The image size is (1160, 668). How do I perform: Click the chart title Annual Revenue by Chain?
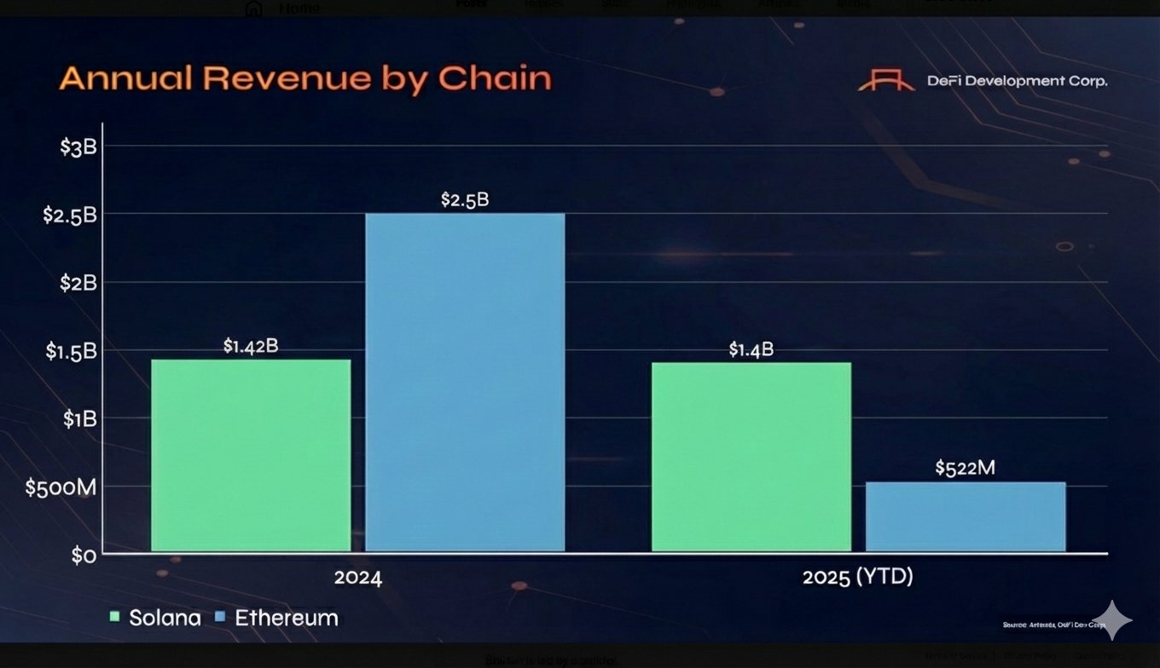[305, 79]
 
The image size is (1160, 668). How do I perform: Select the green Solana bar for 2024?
[251, 455]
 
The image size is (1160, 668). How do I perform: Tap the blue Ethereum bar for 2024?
[465, 382]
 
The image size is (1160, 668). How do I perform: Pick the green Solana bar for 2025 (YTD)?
[751, 457]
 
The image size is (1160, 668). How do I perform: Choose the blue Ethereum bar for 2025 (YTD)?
[966, 516]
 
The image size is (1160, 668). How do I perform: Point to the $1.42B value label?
[251, 346]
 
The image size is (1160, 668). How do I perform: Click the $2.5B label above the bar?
[465, 200]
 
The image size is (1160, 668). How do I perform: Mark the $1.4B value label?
[751, 349]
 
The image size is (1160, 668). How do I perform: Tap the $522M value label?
[966, 468]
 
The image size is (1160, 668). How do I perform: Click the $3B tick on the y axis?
[78, 147]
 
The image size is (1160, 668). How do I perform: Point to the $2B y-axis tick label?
[78, 283]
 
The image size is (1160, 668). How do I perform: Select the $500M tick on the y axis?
[61, 488]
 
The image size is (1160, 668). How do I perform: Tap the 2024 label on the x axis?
[358, 578]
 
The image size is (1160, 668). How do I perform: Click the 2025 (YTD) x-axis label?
[857, 578]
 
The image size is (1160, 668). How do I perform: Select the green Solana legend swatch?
[115, 617]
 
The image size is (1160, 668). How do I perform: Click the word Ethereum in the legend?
[287, 618]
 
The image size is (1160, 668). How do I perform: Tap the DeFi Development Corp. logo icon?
[886, 82]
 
